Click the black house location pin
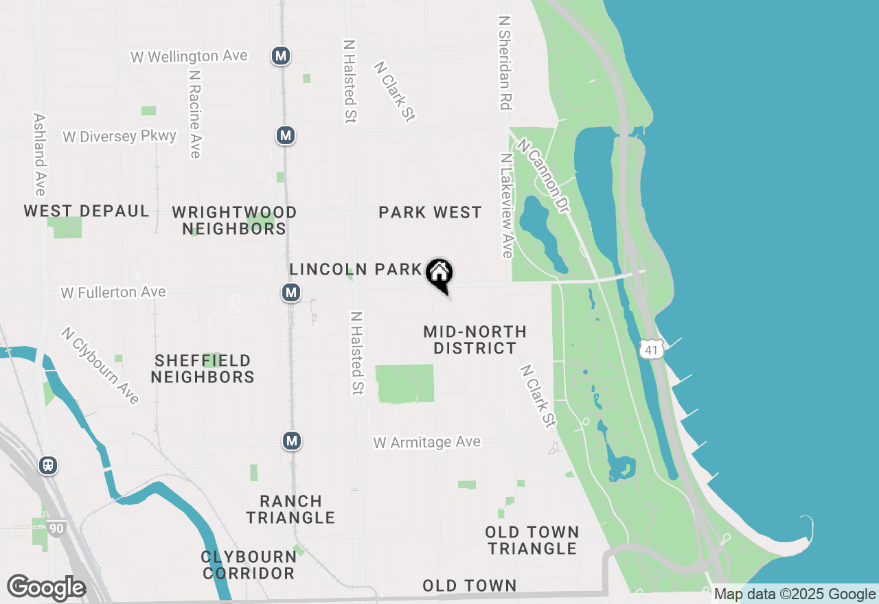coord(439,275)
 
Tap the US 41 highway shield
coord(651,349)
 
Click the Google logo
coord(46,588)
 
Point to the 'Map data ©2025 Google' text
coord(795,594)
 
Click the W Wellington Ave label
coord(189,56)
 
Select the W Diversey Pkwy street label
coord(119,137)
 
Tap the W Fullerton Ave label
coord(113,292)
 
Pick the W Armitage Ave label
coord(426,442)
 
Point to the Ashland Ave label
coord(39,154)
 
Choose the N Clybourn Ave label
coord(100,365)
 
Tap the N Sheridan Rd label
coord(506,63)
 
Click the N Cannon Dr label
coord(543,176)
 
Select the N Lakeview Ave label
coord(506,205)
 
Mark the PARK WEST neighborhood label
coord(430,213)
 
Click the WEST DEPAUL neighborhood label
coord(87,211)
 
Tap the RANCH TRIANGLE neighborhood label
coord(290,509)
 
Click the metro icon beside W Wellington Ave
coord(279,56)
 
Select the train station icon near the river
coord(48,465)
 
